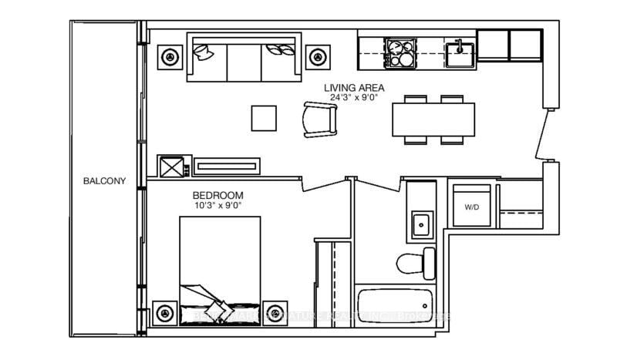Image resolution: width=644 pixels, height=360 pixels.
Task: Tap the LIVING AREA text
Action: (355, 88)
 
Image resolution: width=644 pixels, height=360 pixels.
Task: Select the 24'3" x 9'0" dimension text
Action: (355, 98)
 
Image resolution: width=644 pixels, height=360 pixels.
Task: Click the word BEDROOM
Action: (217, 196)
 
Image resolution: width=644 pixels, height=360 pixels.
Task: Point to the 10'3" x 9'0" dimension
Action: (217, 206)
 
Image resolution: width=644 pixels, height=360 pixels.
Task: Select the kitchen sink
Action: (458, 52)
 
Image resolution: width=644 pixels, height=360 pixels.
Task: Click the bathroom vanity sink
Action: (420, 225)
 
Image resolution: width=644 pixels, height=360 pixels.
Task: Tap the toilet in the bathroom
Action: (413, 263)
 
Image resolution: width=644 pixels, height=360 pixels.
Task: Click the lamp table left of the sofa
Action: (169, 56)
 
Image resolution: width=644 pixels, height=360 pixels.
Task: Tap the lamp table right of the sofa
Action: (316, 56)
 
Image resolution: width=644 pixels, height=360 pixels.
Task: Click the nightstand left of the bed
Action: (164, 313)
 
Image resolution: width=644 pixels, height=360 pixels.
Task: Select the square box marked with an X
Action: (170, 167)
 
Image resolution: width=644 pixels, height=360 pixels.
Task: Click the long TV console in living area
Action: (228, 166)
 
